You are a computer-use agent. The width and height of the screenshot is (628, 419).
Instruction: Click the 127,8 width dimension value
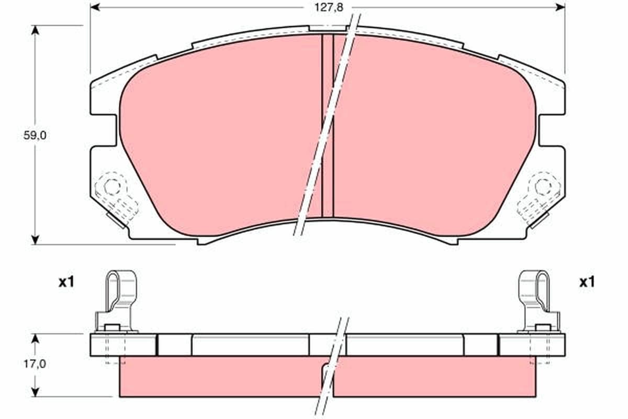click(329, 7)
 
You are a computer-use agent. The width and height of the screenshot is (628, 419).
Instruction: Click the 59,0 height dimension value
click(35, 136)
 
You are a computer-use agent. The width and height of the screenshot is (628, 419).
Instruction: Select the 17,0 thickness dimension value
click(35, 365)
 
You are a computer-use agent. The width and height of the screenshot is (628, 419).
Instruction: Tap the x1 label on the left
click(66, 282)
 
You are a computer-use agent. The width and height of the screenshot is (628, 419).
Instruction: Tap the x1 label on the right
click(587, 282)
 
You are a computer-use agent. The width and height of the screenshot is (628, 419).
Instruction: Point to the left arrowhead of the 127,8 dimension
click(95, 7)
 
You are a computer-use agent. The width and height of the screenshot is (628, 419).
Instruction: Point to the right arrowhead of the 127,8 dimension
click(560, 7)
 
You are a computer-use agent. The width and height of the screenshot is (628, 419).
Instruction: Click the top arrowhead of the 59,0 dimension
click(35, 30)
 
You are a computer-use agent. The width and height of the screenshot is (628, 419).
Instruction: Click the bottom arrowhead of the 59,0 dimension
click(35, 239)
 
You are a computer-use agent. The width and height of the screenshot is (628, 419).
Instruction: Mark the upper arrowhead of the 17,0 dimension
click(35, 339)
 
